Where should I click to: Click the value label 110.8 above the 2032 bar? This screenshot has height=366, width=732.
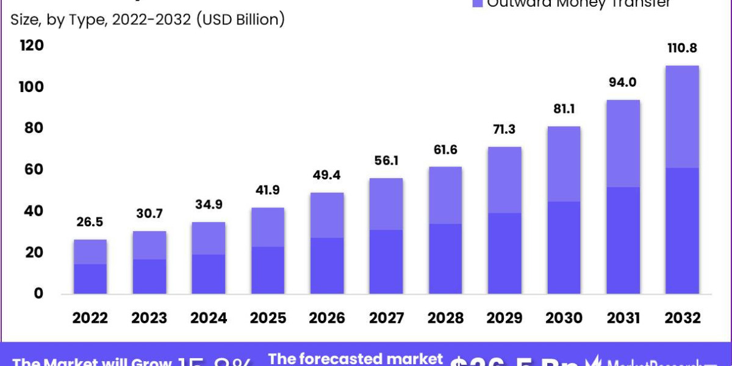(682, 48)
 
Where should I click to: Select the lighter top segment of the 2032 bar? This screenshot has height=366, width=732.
(682, 117)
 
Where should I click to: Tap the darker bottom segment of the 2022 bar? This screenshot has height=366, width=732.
(90, 279)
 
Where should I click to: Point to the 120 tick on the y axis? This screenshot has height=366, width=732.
(32, 46)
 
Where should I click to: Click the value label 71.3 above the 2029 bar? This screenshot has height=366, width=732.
(504, 129)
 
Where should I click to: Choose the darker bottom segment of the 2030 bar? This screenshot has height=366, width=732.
(563, 248)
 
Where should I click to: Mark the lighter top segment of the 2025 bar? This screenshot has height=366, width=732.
(268, 227)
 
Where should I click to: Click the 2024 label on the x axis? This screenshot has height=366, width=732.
(209, 318)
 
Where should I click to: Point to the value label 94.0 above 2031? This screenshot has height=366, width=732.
(623, 82)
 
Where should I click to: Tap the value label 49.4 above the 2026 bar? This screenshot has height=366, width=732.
(326, 174)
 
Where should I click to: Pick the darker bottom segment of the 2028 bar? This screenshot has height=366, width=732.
(445, 259)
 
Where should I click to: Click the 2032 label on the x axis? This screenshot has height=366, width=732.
(682, 318)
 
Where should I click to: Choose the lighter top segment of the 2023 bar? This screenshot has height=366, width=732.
(149, 245)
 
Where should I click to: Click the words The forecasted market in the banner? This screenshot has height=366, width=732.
(356, 358)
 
